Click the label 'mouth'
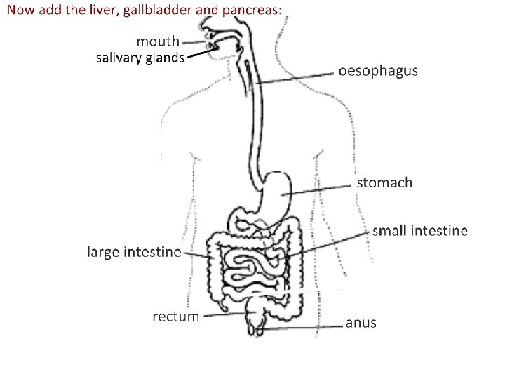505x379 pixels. [x=157, y=41]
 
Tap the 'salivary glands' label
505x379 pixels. [x=140, y=58]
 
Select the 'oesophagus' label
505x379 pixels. [x=378, y=71]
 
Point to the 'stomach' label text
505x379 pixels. [x=385, y=182]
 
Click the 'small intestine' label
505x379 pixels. [x=419, y=230]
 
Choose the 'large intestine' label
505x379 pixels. [x=134, y=251]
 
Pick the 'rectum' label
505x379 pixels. [x=175, y=317]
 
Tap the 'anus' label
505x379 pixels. [x=361, y=324]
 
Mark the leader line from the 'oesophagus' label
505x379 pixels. [x=295, y=77]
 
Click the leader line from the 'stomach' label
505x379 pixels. [x=319, y=189]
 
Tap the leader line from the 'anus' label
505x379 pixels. [x=302, y=328]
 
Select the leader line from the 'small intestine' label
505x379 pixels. [x=330, y=242]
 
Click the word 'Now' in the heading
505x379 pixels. [x=20, y=10]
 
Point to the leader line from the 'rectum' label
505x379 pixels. [x=224, y=314]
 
